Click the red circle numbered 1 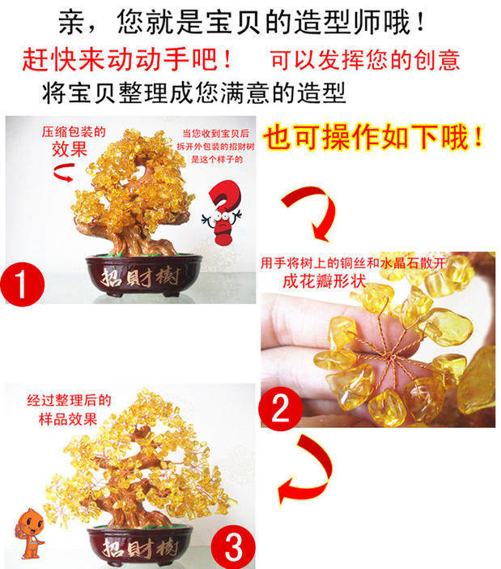(23, 284)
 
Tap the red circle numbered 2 (280, 409)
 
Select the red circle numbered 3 (233, 547)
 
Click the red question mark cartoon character (223, 212)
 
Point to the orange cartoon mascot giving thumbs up (30, 533)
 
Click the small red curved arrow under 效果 (65, 173)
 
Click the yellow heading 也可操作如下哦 (373, 137)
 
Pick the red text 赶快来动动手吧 (127, 59)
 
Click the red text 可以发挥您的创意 (365, 59)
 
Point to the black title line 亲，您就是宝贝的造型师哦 (242, 22)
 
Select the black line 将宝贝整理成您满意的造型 (193, 92)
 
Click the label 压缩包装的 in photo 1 (74, 132)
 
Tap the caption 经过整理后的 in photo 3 (69, 400)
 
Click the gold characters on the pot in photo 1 (141, 278)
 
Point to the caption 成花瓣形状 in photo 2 (325, 281)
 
